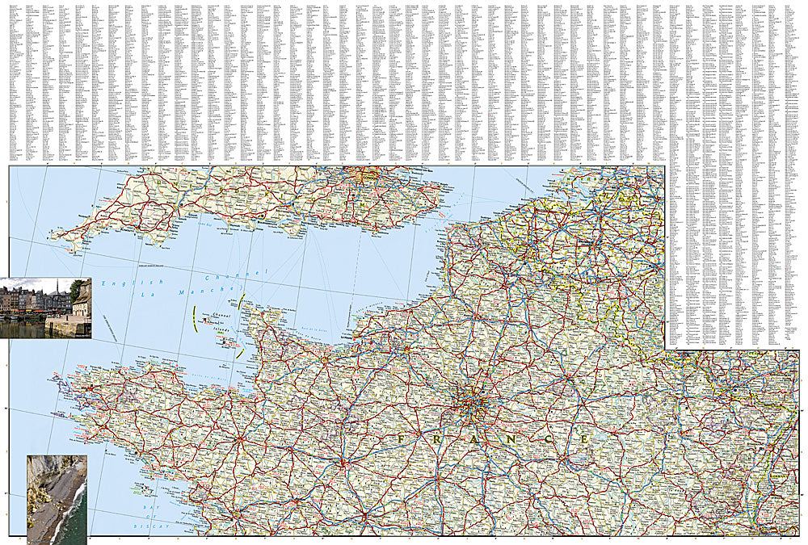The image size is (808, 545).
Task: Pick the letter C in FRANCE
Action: point(549,438)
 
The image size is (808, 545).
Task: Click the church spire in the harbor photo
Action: point(57,287)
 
